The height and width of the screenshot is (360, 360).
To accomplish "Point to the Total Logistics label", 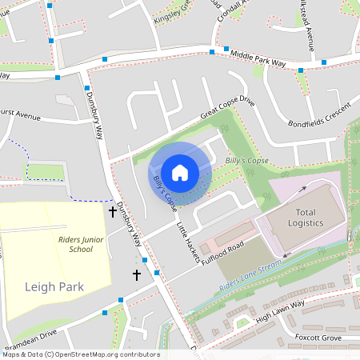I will (295, 217).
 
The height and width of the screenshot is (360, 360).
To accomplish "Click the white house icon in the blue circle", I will (180, 172).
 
